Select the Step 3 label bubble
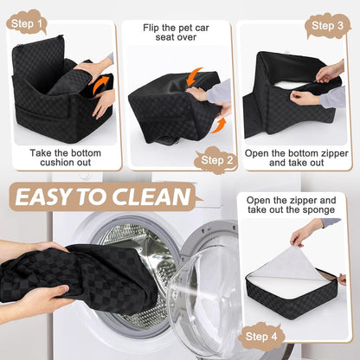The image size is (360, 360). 328,26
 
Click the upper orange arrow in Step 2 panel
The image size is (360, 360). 196,75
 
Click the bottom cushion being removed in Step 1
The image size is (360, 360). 69,83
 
